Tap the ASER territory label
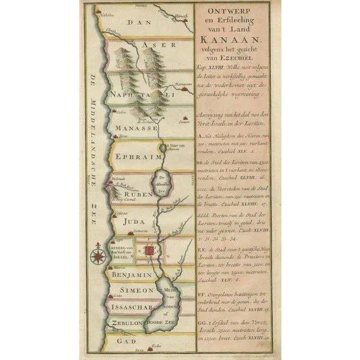click(163, 45)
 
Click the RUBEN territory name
click(138, 194)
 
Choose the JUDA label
click(135, 222)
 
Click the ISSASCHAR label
click(131, 306)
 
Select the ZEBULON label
click(124, 323)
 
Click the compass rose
click(96, 257)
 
